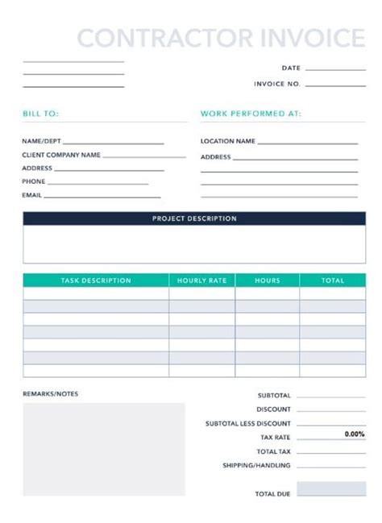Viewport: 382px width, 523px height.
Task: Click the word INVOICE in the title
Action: (315, 37)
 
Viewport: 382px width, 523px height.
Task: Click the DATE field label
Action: (291, 68)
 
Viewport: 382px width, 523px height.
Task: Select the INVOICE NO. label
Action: (277, 84)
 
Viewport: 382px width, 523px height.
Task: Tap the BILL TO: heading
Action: (40, 114)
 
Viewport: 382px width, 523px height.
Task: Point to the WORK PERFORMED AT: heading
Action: (251, 114)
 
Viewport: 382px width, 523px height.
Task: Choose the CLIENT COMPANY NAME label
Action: (61, 155)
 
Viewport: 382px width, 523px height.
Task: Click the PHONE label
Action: (34, 181)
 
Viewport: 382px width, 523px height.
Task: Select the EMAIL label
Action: (31, 195)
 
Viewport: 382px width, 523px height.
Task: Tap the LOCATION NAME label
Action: (228, 141)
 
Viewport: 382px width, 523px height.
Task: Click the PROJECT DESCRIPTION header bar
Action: (194, 218)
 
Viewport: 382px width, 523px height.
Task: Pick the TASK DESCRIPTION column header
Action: (96, 280)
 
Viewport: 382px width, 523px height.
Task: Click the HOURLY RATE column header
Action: (201, 280)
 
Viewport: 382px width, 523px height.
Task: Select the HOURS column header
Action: (268, 280)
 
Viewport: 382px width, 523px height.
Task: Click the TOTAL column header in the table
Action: (333, 280)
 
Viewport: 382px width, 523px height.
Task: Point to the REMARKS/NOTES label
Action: (51, 393)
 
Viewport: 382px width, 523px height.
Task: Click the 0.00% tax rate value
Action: (355, 434)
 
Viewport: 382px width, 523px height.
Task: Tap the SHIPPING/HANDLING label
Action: (257, 465)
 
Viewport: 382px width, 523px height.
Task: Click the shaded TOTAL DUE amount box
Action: (331, 489)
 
